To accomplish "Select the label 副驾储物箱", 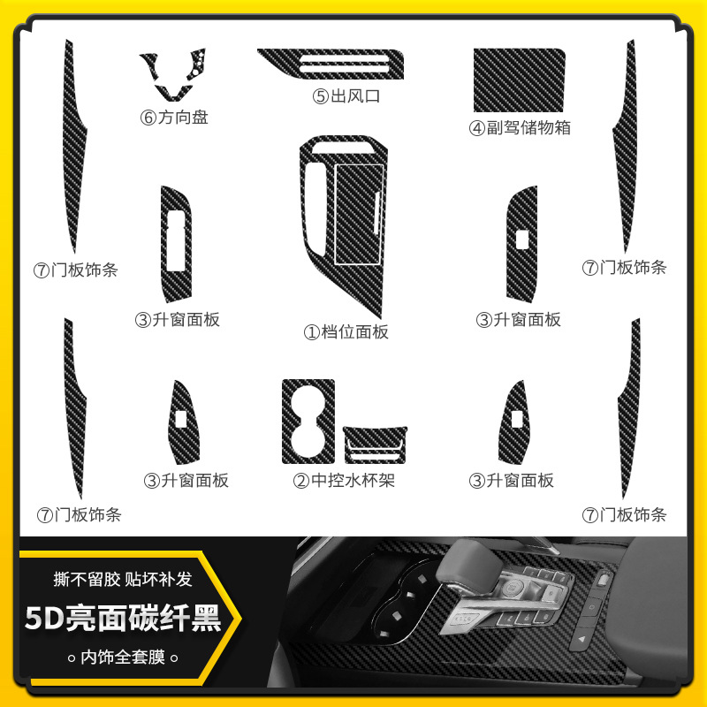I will coord(528,128).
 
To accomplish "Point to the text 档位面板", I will coord(354,332).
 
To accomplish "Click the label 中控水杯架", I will coord(354,481).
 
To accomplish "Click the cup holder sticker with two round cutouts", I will coord(308,420).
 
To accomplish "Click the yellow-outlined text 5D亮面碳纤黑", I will coord(122,618).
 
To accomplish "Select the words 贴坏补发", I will coord(162,580).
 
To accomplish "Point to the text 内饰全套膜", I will coord(123,657).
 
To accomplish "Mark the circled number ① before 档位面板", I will coord(310,332).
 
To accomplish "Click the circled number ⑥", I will coord(148,117).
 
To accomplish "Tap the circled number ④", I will coord(476,128).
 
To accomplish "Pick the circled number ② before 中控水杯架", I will coord(301,481).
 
